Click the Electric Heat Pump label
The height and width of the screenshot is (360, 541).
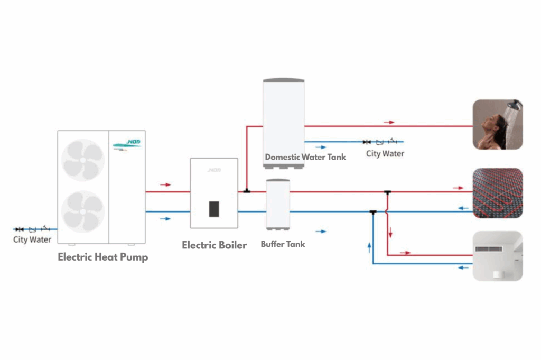[102, 257]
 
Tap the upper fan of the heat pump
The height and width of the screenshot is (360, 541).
[82, 160]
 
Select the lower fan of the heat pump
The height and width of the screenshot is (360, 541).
[82, 211]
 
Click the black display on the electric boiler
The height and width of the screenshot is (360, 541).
[213, 209]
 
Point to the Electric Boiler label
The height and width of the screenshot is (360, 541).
[214, 245]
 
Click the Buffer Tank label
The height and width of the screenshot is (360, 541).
[283, 244]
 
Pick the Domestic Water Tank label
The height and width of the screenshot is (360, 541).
[305, 156]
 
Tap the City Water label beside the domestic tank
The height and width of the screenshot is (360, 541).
[385, 154]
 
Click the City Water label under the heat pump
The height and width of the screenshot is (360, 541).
[32, 239]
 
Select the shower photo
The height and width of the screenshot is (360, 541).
[497, 124]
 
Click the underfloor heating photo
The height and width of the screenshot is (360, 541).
[497, 193]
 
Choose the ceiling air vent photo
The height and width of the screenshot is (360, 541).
[497, 256]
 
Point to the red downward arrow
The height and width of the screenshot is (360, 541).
[391, 232]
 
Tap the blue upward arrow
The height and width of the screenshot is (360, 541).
[369, 247]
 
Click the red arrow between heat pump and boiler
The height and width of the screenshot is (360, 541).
[165, 185]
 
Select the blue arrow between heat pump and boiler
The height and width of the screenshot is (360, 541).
[165, 218]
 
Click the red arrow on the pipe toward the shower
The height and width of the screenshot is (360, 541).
[389, 122]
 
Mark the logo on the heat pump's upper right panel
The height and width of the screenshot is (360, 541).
[127, 144]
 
